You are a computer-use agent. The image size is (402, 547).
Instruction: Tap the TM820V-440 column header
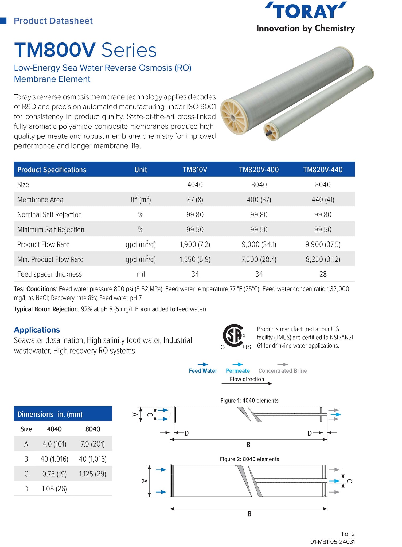[323, 170]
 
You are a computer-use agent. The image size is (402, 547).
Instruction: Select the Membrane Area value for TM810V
[195, 200]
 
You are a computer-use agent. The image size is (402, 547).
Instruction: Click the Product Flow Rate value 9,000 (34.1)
[259, 244]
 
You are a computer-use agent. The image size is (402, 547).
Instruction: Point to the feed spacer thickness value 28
[323, 274]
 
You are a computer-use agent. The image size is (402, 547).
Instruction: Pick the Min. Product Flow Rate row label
[50, 259]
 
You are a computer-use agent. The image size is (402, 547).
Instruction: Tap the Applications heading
[37, 330]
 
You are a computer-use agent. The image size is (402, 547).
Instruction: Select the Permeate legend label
[238, 371]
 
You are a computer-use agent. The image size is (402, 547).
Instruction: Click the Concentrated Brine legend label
[282, 371]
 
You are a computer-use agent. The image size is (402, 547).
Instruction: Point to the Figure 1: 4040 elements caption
[249, 400]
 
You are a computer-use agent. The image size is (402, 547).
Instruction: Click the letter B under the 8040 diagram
[249, 514]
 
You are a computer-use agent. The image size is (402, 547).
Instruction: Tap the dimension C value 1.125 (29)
[92, 474]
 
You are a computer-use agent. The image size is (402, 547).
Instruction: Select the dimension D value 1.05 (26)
[54, 489]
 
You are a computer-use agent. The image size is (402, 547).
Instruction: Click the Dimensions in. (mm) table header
[50, 414]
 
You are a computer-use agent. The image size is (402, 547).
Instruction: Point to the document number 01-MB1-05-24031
[332, 542]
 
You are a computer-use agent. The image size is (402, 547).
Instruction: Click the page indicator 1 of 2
[348, 534]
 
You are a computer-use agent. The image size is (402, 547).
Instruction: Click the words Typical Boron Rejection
[46, 309]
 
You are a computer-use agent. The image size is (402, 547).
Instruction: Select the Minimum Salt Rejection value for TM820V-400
[259, 230]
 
